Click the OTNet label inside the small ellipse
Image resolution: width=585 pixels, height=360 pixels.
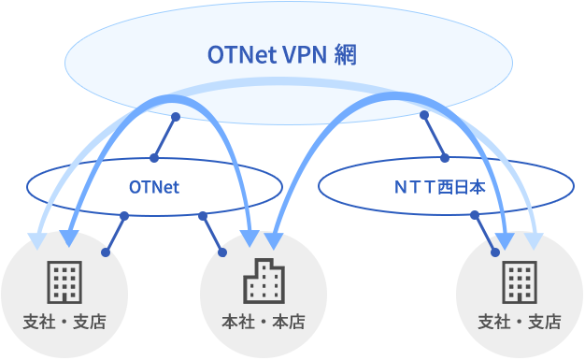[x=153, y=187]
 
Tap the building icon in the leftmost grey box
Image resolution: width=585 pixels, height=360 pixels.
[x=64, y=281]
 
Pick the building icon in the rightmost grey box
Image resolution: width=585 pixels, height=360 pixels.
[x=520, y=281]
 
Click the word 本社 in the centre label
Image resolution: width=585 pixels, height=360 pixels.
[x=236, y=323]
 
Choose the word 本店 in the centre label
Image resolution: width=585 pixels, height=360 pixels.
[x=289, y=323]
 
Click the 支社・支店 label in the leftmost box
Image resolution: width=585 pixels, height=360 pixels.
[x=64, y=323]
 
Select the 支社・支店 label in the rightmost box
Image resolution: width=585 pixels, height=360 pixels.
[x=520, y=323]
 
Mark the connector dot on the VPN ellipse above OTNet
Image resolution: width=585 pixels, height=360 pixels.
[x=175, y=116]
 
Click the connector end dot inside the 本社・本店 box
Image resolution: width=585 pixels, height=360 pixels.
[x=223, y=252]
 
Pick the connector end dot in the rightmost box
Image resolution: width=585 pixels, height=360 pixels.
[x=496, y=252]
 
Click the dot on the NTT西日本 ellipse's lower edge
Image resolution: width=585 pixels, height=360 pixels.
[x=474, y=216]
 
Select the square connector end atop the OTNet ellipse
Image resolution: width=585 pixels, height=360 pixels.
[x=153, y=155]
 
